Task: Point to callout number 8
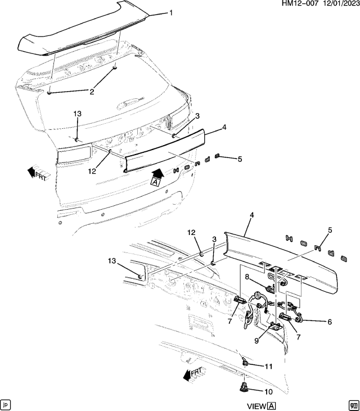point(246,276)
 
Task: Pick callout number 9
point(256,340)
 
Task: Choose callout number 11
point(268,366)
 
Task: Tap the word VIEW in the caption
point(256,406)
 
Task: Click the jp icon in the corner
point(6,404)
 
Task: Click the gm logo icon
point(353,404)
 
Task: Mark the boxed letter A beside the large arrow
point(156,181)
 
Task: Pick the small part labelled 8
point(270,289)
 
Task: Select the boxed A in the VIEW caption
point(272,406)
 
